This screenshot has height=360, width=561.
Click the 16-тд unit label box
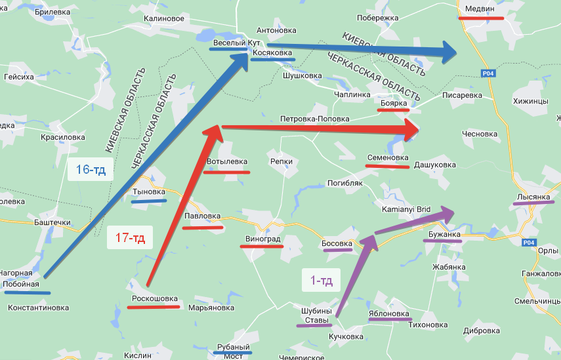tap(91, 170)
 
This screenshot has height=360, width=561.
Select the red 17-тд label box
tap(130, 237)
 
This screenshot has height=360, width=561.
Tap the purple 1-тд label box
tap(322, 281)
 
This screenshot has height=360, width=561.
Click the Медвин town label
tap(480, 9)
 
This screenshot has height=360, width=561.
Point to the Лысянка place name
tap(533, 197)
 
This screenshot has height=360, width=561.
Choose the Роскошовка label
tap(154, 298)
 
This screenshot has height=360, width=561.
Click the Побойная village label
tap(22, 284)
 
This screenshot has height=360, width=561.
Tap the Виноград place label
tap(262, 239)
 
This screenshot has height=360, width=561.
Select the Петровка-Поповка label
tap(314, 119)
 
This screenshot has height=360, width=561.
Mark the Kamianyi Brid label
tap(406, 209)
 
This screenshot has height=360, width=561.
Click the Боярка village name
tap(394, 103)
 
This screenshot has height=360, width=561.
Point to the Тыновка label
tap(149, 191)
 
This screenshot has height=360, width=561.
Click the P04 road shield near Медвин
tap(488, 73)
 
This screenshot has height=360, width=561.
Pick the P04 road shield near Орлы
tap(530, 243)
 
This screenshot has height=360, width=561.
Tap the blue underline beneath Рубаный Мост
tap(233, 352)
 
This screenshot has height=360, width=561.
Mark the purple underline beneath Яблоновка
tap(389, 321)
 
